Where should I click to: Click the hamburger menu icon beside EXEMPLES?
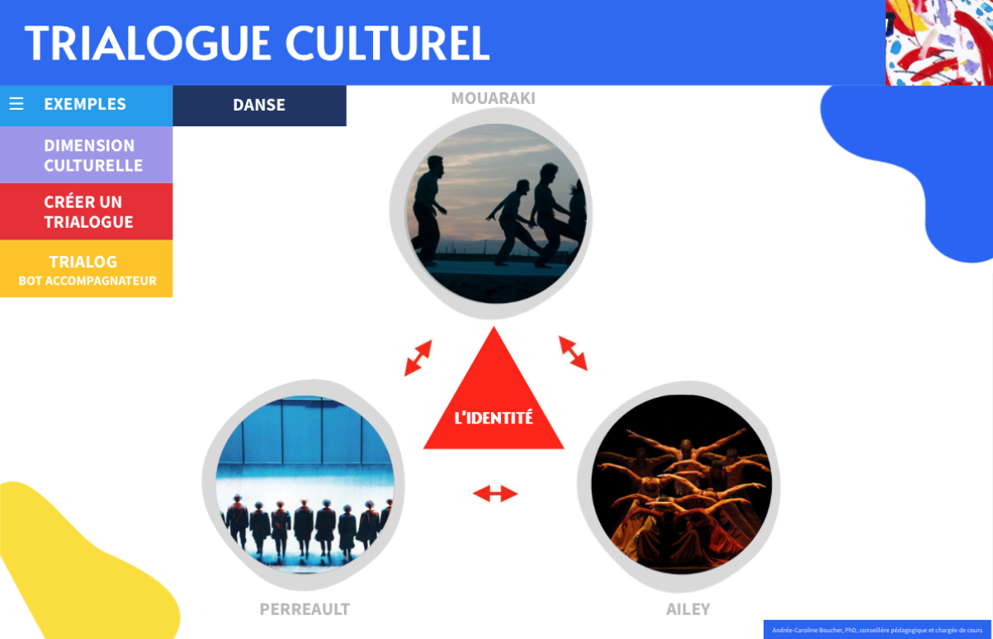click(x=17, y=104)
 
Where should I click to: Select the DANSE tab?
click(x=259, y=106)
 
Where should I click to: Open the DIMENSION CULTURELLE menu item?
click(x=87, y=154)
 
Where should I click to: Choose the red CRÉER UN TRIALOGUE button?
click(x=87, y=211)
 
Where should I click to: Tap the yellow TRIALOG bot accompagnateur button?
click(x=87, y=268)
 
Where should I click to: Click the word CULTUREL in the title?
click(x=387, y=43)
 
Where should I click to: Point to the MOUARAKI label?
click(x=493, y=98)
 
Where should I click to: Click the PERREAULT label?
click(x=305, y=609)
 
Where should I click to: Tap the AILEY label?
click(x=688, y=609)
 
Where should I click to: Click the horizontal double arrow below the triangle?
click(x=495, y=494)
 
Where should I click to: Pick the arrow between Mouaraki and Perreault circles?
click(x=418, y=357)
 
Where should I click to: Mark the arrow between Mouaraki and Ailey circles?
click(x=573, y=353)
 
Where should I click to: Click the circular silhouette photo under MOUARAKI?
click(x=495, y=214)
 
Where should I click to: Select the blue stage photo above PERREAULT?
click(x=305, y=485)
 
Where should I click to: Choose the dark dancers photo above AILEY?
click(x=681, y=485)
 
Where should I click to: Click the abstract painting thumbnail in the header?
click(x=939, y=43)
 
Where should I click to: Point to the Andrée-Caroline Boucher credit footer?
click(x=877, y=630)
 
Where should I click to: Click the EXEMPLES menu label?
click(x=85, y=104)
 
